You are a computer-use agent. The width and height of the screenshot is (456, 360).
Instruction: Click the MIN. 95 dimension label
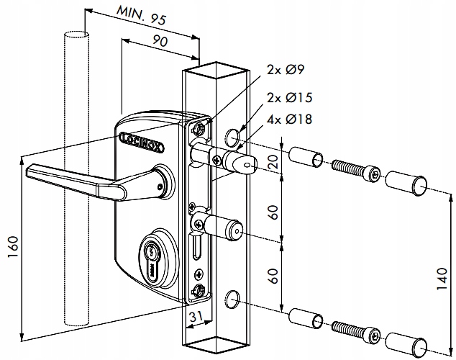(137, 16)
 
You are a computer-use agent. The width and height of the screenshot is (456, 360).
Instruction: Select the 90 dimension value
(160, 43)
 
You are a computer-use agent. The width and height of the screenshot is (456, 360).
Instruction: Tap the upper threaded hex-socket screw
(354, 170)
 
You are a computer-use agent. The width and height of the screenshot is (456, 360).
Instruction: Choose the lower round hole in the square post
(232, 297)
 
